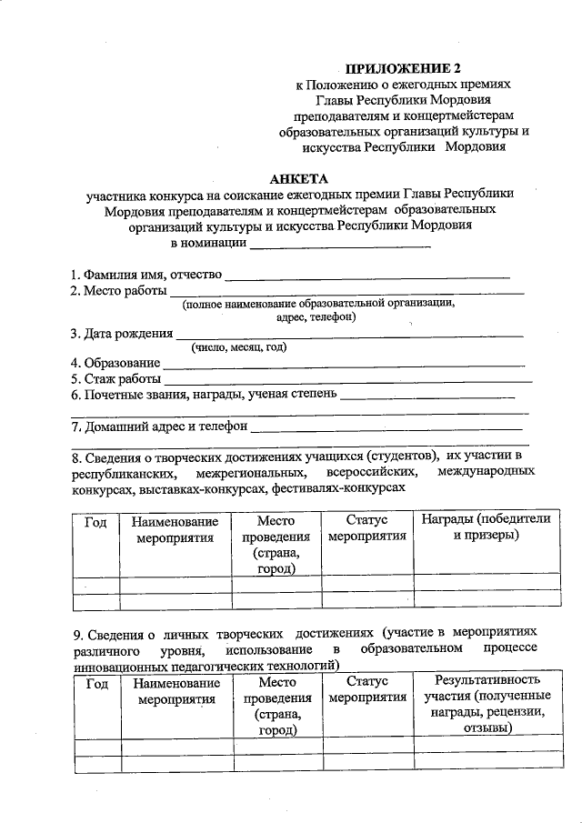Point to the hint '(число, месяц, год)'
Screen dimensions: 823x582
(238, 347)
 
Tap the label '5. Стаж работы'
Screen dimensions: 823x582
(116, 378)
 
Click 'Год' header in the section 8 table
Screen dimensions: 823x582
(96, 521)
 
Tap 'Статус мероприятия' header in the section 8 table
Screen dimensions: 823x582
(367, 528)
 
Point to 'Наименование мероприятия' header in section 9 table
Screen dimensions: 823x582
(176, 691)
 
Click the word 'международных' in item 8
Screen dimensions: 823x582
(486, 471)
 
